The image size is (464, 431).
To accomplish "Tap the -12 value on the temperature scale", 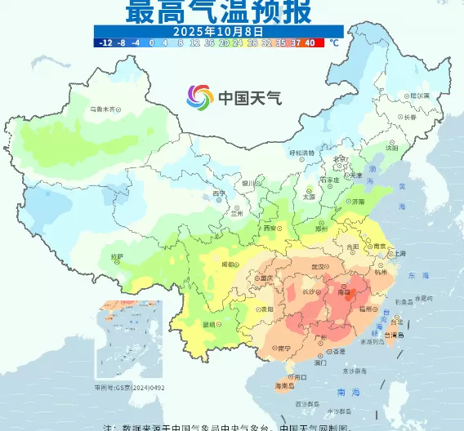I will coord(105,42).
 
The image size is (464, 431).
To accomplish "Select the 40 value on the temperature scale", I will coord(310,42).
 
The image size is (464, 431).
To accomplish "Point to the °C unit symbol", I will coord(332,42).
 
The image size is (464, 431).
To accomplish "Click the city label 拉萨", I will coord(116,256).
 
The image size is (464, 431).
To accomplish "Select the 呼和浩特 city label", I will coord(301,153).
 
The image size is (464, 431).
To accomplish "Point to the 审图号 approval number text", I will coord(130,388).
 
